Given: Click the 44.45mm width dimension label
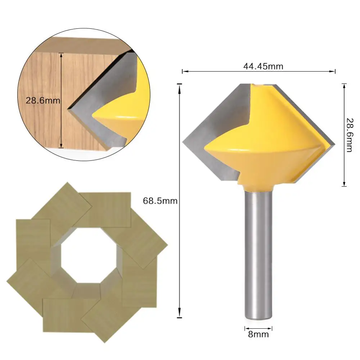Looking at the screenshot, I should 259,66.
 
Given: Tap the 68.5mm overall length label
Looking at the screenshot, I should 160,201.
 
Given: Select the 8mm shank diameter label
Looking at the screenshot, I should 258,334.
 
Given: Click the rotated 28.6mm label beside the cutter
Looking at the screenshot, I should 348,135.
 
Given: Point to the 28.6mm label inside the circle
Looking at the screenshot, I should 42,100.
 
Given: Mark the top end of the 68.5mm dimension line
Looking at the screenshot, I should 179,84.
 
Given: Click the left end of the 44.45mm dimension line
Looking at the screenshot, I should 183,72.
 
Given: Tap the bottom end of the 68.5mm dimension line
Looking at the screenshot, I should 179,317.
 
